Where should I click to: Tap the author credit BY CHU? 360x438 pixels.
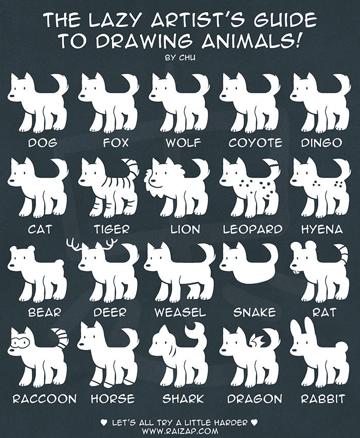pyautogui.click(x=180, y=58)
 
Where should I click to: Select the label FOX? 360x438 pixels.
pyautogui.click(x=116, y=143)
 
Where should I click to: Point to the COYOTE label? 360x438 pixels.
pyautogui.click(x=256, y=143)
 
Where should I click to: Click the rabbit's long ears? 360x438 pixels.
pyautogui.click(x=303, y=330)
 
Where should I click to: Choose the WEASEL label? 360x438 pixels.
pyautogui.click(x=180, y=312)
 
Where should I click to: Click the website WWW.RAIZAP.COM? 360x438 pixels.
pyautogui.click(x=180, y=430)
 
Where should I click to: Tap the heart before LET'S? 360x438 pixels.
pyautogui.click(x=103, y=423)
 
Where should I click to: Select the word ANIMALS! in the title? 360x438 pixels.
pyautogui.click(x=251, y=41)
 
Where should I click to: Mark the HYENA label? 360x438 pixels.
pyautogui.click(x=322, y=230)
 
